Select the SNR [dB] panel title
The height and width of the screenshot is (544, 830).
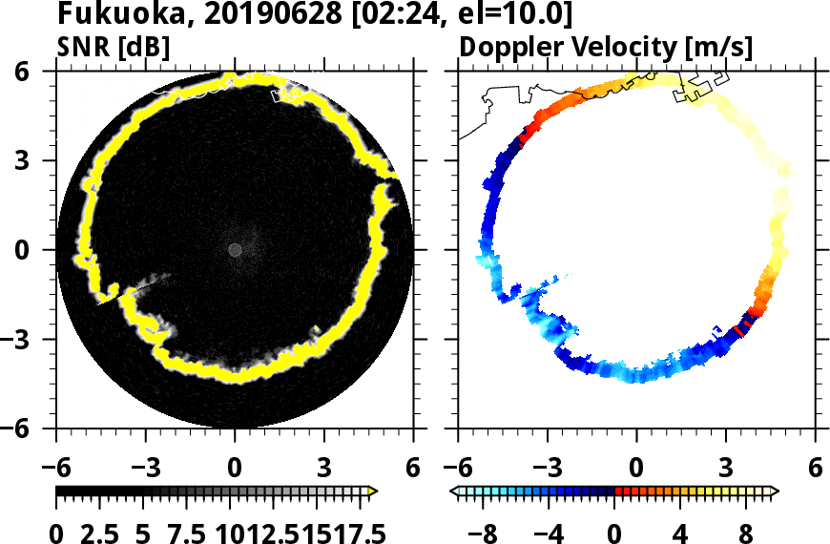click(x=114, y=47)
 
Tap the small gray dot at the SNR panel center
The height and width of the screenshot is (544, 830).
click(x=235, y=249)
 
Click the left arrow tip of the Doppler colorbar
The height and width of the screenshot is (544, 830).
click(x=451, y=492)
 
